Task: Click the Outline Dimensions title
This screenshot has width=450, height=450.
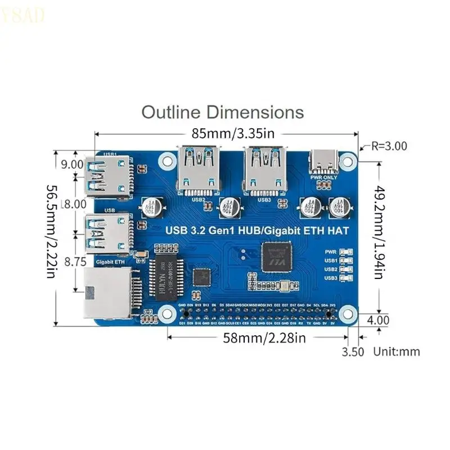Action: click(x=222, y=112)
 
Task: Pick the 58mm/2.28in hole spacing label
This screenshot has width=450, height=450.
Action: click(x=258, y=338)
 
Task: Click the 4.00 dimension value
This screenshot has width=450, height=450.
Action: click(x=377, y=320)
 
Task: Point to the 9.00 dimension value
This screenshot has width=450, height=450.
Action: click(x=72, y=164)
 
